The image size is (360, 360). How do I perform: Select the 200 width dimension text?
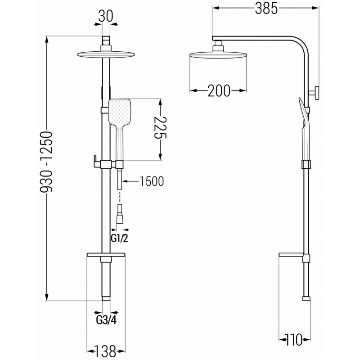(219, 91)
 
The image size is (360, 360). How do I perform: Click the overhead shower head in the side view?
(218, 55)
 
